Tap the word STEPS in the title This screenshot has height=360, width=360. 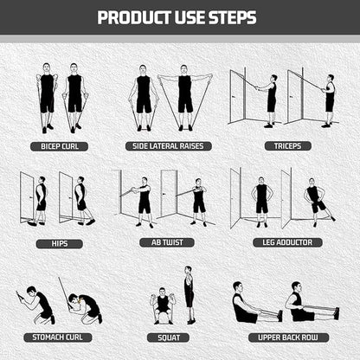pos(235,17)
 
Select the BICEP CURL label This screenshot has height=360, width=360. pos(59,147)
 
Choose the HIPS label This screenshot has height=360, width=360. pos(59,243)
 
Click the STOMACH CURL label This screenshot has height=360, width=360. pos(59,337)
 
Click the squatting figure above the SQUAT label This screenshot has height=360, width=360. pos(161,304)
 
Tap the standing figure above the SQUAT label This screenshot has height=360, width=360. pos(189,294)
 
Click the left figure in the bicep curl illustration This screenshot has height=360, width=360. pos(47,95)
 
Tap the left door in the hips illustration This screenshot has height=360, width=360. pos(28,197)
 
